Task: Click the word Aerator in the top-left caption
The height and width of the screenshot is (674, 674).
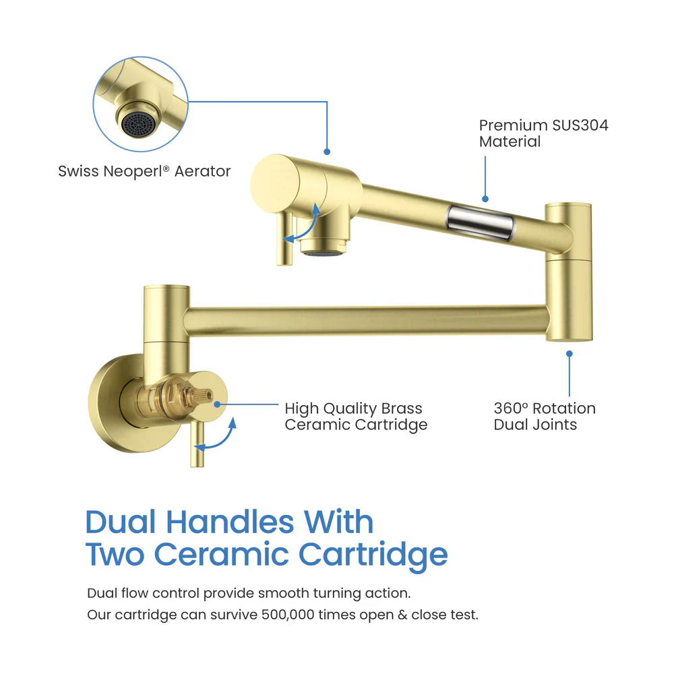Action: coord(202,171)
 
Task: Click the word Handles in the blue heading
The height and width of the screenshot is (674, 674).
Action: coord(230,522)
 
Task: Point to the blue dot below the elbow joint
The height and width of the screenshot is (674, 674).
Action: coord(570,353)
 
